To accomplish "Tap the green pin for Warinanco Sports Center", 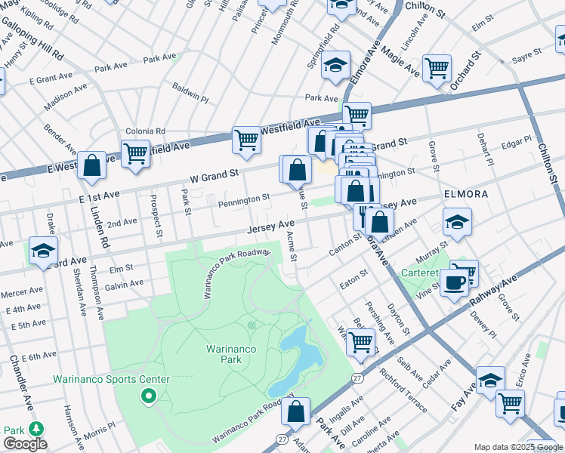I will (149, 395).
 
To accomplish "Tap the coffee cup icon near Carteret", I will (454, 282).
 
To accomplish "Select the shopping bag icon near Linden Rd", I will (91, 165).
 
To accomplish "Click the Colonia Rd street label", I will (145, 131).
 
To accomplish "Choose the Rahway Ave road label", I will (494, 292).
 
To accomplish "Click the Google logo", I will (25, 444).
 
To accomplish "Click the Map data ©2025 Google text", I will (517, 447).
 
